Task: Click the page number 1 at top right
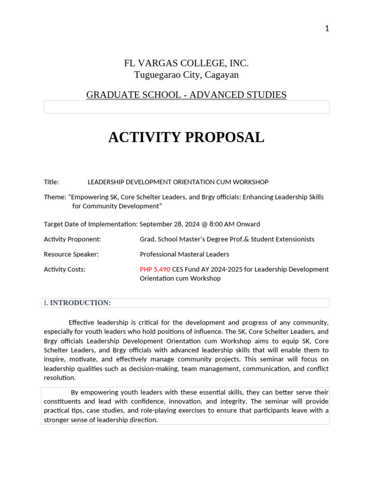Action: (x=327, y=29)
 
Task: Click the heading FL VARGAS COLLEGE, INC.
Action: (x=186, y=63)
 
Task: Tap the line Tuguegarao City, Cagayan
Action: (x=186, y=75)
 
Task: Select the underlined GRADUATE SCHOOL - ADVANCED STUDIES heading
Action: (x=186, y=95)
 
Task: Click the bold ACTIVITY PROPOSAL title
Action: (x=186, y=137)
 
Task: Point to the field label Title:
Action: (x=51, y=182)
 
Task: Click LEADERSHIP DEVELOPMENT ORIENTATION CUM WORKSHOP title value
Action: (x=178, y=182)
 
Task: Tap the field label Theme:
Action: (x=55, y=197)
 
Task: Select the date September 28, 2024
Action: (x=169, y=224)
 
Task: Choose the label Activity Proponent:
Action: (x=72, y=239)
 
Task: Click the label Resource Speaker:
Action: (x=71, y=254)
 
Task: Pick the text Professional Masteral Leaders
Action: (x=184, y=254)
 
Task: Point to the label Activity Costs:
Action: (x=65, y=269)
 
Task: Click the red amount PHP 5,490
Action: (x=155, y=269)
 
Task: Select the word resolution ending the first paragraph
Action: (x=60, y=378)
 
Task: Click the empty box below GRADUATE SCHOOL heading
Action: (x=186, y=107)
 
